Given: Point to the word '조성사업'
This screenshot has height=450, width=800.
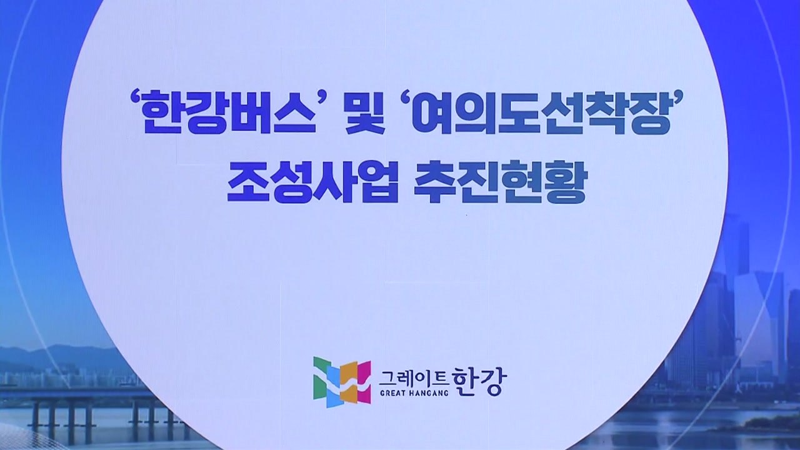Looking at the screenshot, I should point(312,183).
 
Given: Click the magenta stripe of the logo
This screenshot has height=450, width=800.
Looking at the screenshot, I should point(362,381).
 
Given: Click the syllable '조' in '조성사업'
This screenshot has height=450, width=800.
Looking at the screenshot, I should point(247,183).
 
